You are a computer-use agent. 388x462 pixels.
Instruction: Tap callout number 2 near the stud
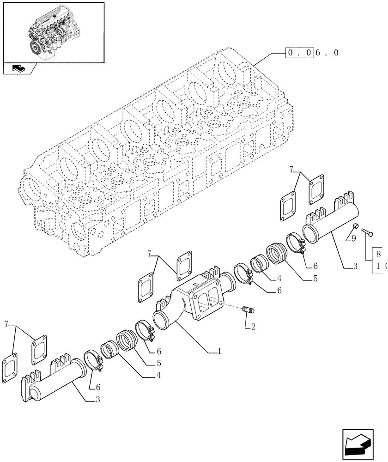253,327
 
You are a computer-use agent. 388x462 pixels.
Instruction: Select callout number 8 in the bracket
379,254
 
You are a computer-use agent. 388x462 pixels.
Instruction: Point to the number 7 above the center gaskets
150,253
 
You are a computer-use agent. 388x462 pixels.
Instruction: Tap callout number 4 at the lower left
159,376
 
